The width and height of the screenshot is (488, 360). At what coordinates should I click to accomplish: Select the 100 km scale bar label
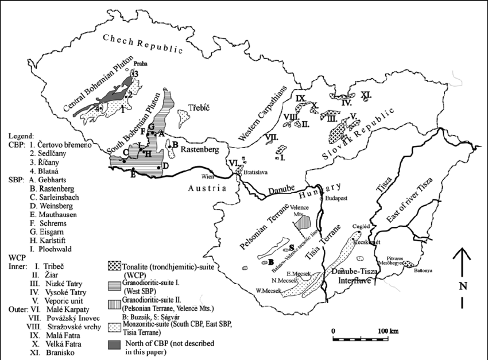coord(389,332)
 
